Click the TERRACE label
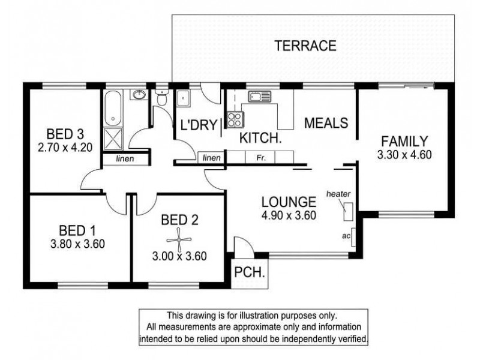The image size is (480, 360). coord(305,44)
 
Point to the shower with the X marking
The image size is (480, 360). coord(112,139)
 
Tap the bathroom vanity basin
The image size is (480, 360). coord(139,95)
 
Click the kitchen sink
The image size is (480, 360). coord(260,96)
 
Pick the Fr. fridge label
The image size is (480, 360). coord(262,158)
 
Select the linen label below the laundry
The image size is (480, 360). coord(211,158)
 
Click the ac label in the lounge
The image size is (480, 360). coord(346,236)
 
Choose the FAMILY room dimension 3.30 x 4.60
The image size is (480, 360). coord(404,155)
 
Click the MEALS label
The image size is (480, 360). coord(326,123)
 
